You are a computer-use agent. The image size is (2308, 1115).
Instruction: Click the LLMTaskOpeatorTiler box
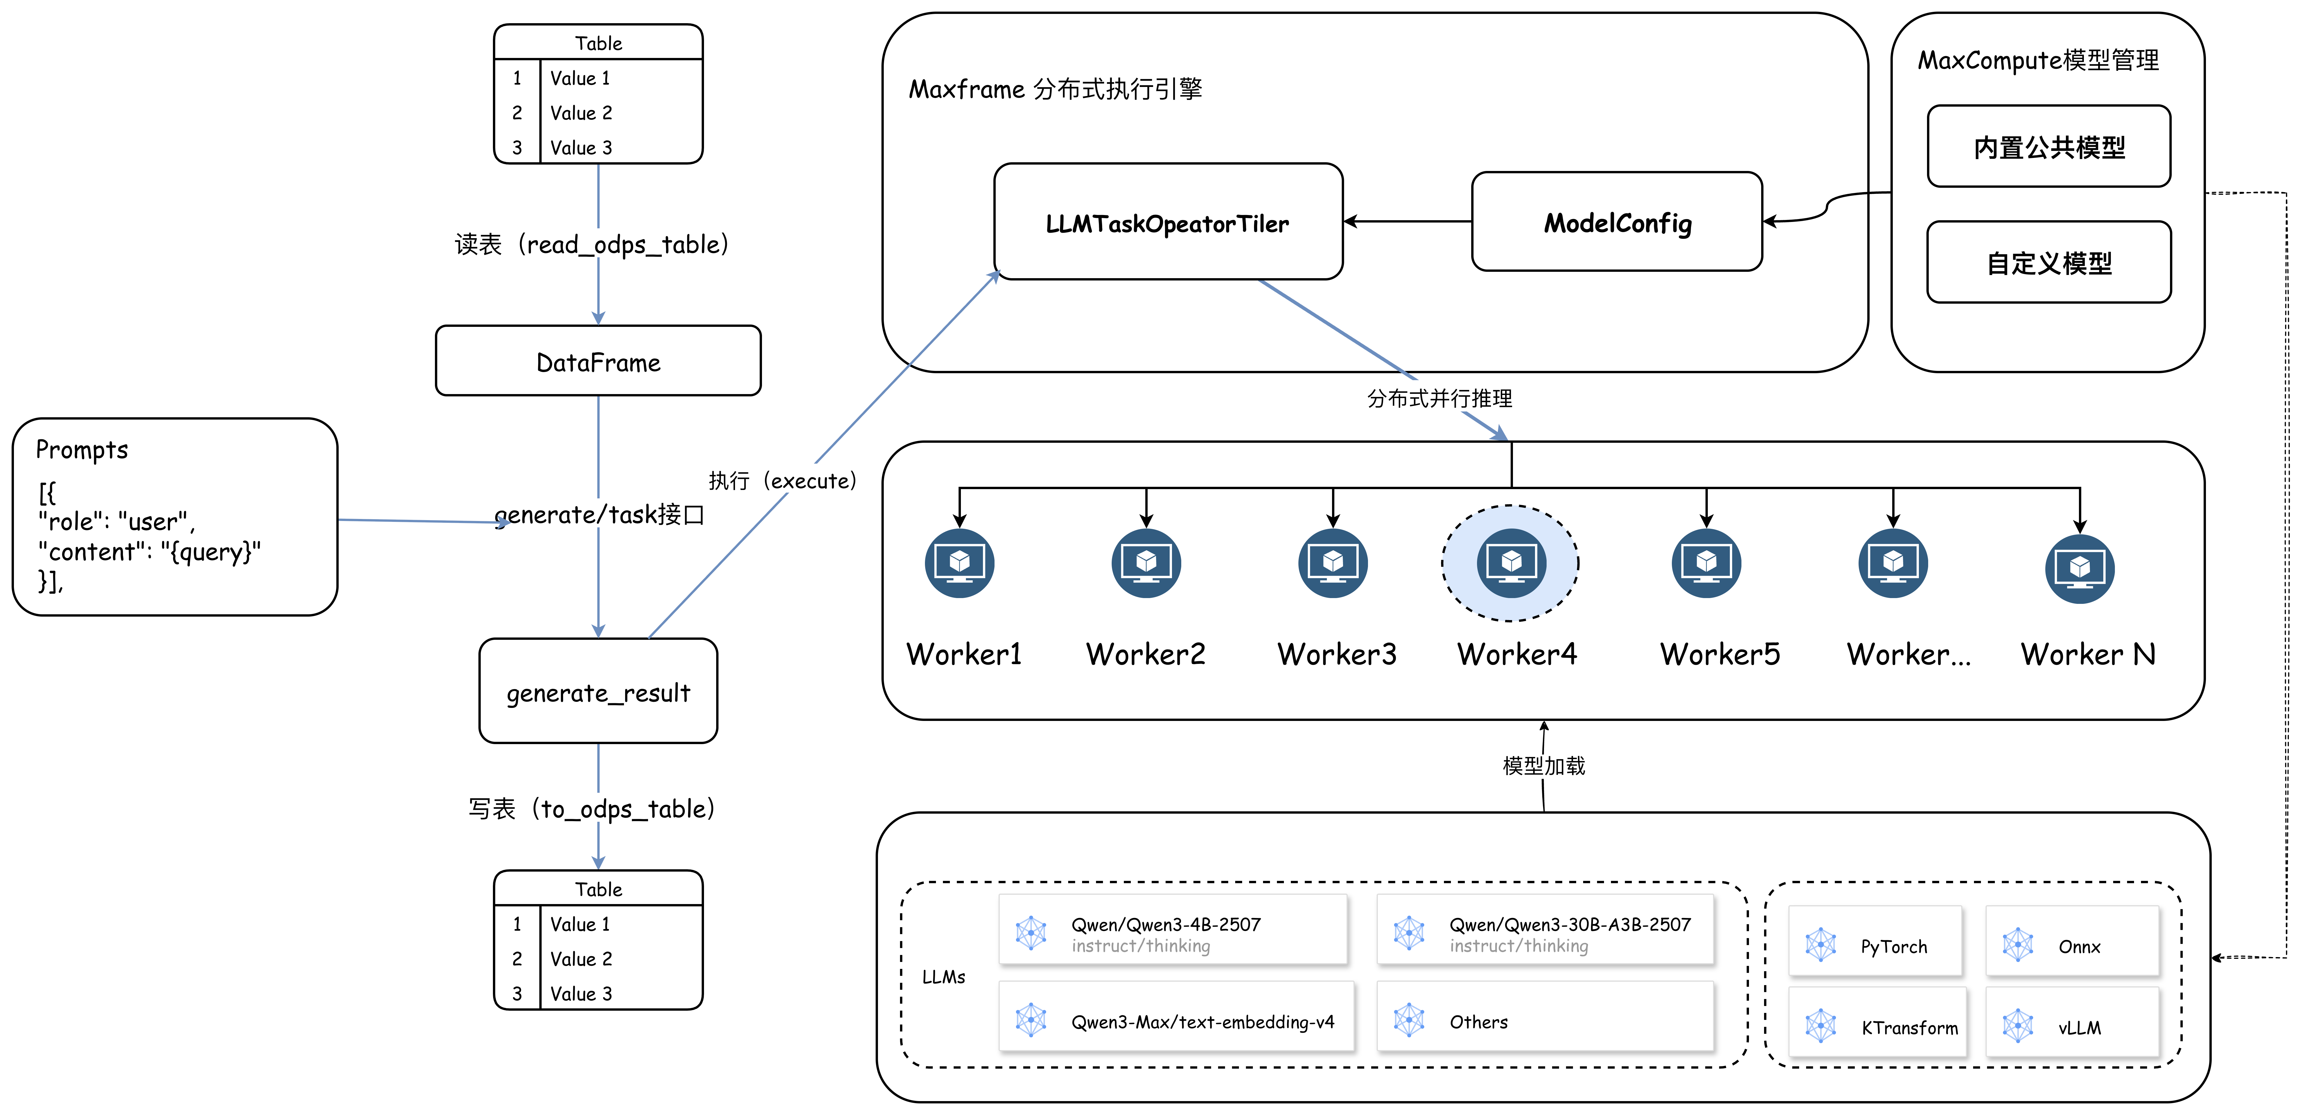[1167, 222]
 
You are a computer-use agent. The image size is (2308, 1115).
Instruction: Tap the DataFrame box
[598, 361]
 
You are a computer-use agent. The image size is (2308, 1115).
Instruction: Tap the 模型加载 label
[1544, 766]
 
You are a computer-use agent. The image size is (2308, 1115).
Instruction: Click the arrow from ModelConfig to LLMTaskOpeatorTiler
[1407, 221]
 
